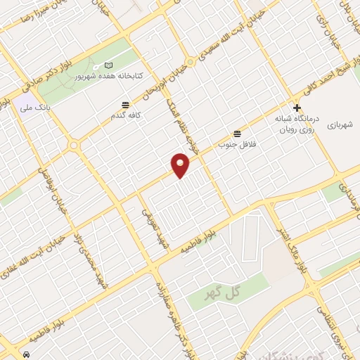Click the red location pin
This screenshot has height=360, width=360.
coord(181,165)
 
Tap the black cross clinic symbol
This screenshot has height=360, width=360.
coord(297,108)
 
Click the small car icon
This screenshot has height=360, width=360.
coord(26,354)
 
